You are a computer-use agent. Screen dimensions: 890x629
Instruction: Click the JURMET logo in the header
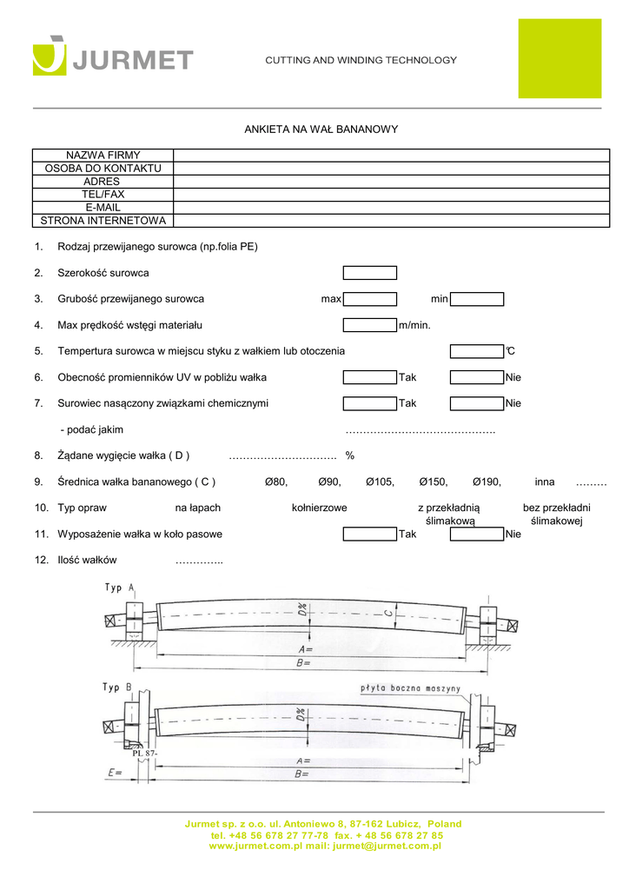point(113,56)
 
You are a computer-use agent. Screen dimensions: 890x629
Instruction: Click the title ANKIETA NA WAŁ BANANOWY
point(321,130)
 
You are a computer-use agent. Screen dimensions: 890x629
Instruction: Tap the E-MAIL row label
point(103,208)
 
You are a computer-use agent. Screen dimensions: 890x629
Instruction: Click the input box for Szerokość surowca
point(369,273)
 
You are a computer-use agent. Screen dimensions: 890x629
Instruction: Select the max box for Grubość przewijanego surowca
point(369,299)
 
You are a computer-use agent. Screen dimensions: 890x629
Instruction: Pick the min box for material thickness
point(477,299)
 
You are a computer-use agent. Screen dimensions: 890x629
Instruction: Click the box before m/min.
point(369,325)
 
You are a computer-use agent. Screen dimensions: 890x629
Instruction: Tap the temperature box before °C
point(477,351)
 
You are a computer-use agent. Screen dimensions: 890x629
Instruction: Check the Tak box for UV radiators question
point(369,377)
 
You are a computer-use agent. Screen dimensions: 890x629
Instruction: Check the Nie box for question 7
point(477,403)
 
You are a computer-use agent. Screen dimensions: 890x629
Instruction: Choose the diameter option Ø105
point(380,482)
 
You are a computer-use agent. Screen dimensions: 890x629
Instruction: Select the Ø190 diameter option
point(487,482)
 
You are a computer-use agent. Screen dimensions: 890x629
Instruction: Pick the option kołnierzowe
point(320,508)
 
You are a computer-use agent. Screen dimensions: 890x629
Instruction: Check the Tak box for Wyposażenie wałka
point(369,534)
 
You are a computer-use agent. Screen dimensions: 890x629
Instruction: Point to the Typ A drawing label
point(120,588)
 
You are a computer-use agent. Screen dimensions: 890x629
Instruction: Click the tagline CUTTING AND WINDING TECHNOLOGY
point(361,60)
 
